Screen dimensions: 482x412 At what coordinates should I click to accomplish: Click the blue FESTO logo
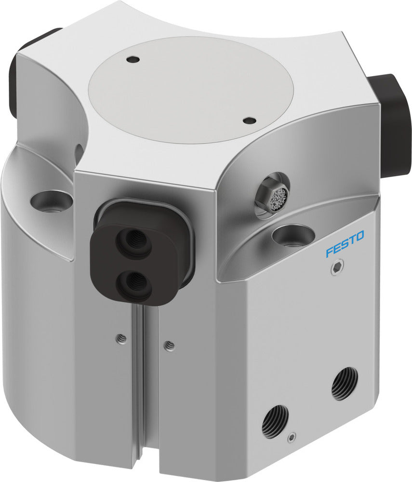coord(345,244)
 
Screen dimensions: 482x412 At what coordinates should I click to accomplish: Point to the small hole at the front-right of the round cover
coord(249,120)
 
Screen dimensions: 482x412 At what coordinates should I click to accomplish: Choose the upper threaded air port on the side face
coord(345,384)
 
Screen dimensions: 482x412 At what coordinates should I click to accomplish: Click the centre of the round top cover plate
coord(191,90)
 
